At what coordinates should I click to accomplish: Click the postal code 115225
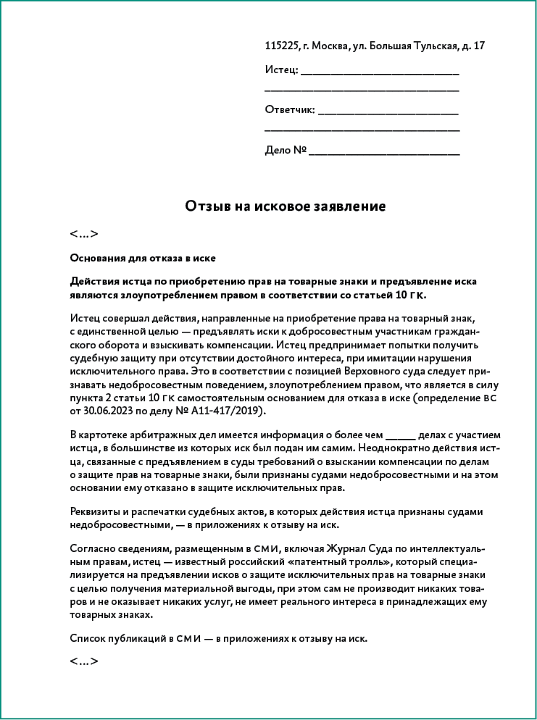click(x=282, y=46)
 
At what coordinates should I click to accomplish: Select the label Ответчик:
click(x=290, y=110)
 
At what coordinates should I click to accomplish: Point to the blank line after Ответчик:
click(x=388, y=114)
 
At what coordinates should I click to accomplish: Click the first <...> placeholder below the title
click(x=84, y=234)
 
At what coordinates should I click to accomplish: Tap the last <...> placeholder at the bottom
click(x=84, y=661)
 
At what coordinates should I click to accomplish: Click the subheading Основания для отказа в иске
click(x=143, y=258)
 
